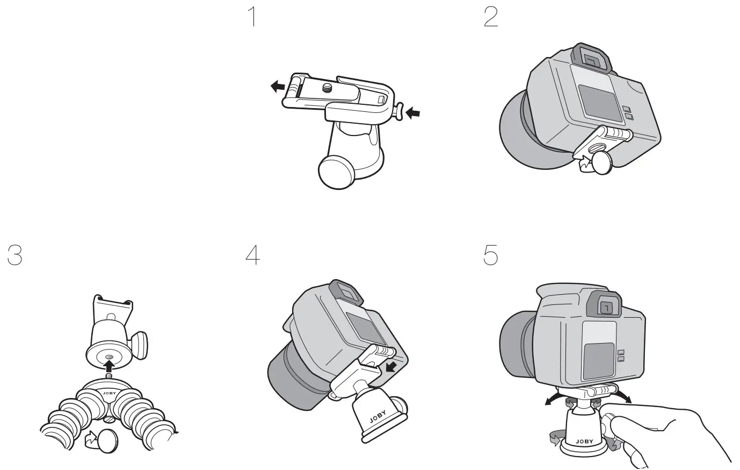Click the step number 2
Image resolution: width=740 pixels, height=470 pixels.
pos(491,18)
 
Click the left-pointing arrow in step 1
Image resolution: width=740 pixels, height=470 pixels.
pos(277,86)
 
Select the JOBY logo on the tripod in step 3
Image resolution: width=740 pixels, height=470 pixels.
pos(108,393)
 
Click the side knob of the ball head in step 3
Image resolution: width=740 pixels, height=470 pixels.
pos(142,344)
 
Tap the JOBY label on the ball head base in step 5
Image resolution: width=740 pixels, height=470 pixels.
pos(584,441)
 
